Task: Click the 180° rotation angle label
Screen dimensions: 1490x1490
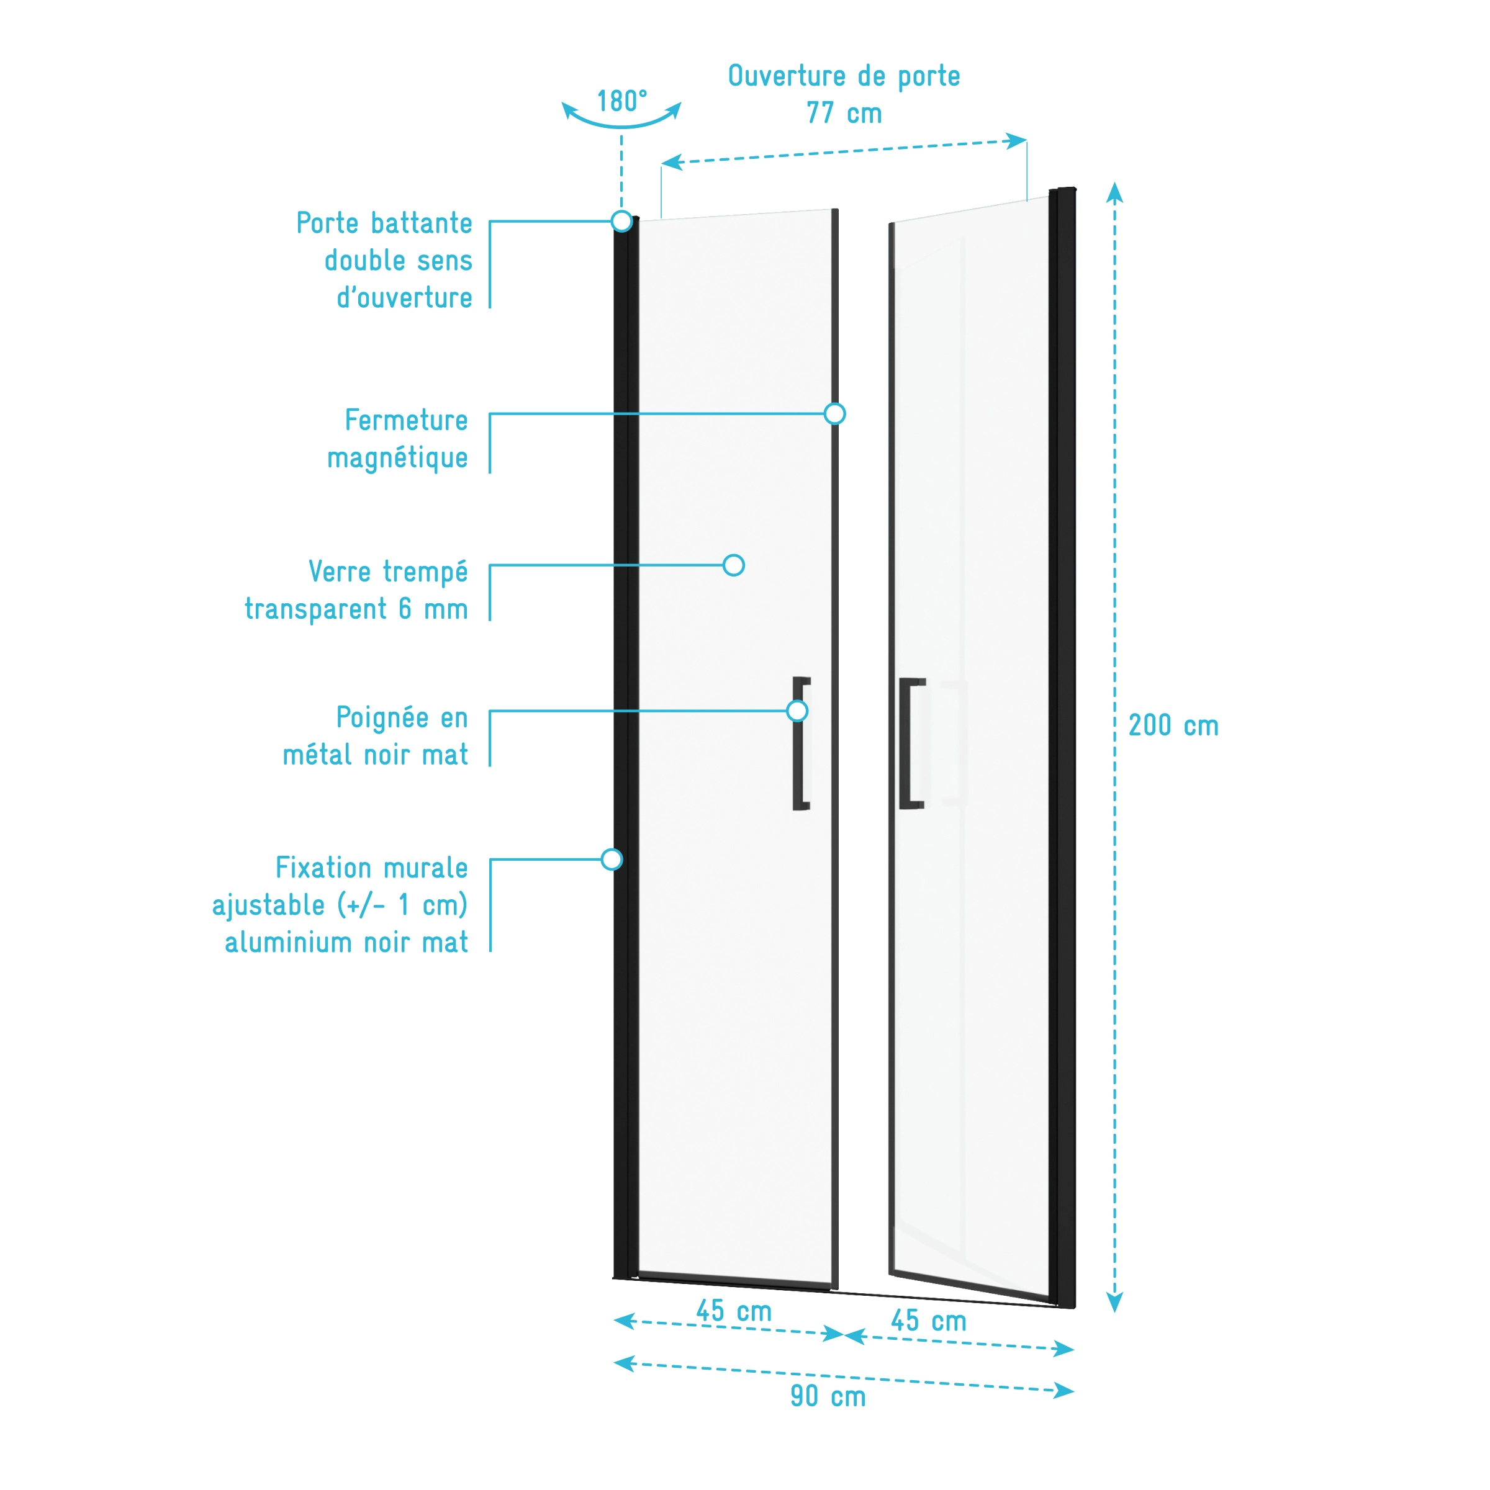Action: point(622,101)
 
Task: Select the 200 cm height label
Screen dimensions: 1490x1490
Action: point(1173,725)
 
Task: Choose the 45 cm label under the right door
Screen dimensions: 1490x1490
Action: point(928,1321)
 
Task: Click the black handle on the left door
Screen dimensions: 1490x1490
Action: point(801,743)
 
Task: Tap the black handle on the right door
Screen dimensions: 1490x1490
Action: point(911,743)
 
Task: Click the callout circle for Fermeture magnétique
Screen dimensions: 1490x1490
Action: point(834,414)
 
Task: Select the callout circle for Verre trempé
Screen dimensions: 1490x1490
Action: point(734,565)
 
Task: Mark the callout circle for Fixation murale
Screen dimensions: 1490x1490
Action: point(612,859)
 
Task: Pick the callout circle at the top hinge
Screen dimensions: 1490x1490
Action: point(621,222)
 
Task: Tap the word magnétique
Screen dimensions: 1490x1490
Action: point(397,459)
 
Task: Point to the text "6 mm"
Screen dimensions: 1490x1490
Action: point(433,609)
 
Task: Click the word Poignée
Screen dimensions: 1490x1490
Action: point(382,718)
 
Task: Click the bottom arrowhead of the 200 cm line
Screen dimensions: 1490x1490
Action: point(1114,1303)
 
